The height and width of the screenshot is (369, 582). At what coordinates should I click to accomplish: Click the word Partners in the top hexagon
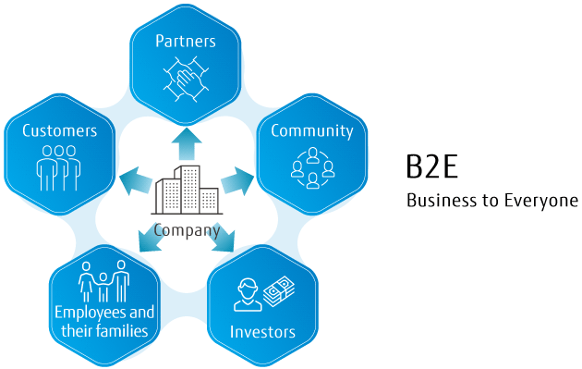point(185,42)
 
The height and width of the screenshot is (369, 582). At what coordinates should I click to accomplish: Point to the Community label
point(311,130)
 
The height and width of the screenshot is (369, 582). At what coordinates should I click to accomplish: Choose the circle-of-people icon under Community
point(312,168)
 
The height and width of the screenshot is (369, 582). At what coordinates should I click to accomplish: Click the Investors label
point(263,331)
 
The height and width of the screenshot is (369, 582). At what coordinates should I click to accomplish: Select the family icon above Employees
point(103,280)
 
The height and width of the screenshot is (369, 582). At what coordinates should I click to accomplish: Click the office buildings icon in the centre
point(187,192)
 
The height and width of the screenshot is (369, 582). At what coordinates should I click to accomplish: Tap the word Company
point(187,231)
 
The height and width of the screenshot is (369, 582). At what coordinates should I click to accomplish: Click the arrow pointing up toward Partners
point(187,144)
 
